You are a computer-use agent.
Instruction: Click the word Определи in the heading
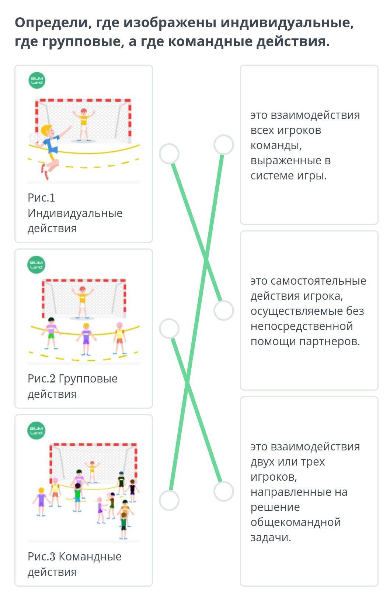(51, 23)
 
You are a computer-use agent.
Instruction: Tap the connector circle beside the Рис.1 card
(169, 154)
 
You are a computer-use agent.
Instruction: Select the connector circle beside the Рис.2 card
(169, 329)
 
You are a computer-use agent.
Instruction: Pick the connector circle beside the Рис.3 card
(169, 501)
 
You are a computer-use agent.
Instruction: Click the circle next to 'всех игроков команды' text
(223, 144)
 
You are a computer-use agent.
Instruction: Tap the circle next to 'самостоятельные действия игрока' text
(223, 310)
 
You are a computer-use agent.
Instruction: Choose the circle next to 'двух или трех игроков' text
(223, 491)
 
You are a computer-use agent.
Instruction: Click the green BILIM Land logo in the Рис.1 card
(37, 80)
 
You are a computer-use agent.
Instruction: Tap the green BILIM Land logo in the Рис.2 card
(36, 264)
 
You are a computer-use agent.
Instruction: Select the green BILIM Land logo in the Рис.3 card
(36, 430)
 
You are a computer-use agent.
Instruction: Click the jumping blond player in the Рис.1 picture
(51, 151)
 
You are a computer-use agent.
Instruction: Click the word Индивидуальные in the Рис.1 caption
(75, 213)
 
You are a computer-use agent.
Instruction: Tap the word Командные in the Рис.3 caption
(90, 556)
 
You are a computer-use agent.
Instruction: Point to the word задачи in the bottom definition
(271, 538)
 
